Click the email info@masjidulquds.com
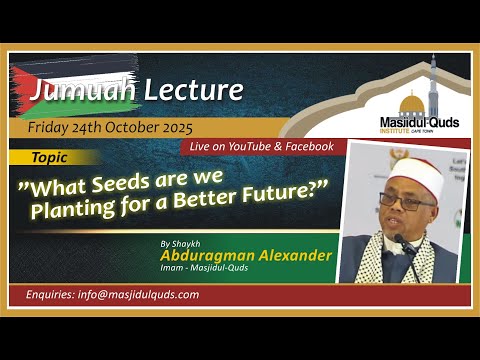pos(139,295)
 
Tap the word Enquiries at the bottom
pos(52,295)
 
